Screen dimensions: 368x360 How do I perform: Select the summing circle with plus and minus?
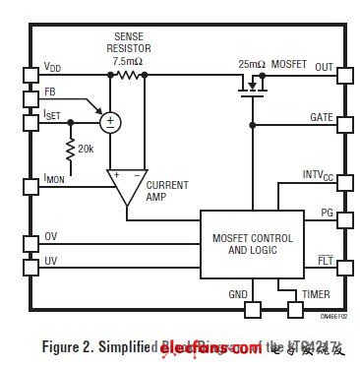pyautogui.click(x=110, y=122)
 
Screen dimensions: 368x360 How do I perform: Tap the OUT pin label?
pyautogui.click(x=324, y=67)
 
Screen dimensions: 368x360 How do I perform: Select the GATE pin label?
pyautogui.click(x=320, y=117)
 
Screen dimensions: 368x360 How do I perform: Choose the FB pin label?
pyautogui.click(x=49, y=92)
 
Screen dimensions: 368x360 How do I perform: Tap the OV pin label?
pyautogui.click(x=50, y=237)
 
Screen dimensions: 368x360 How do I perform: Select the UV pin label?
pyautogui.click(x=50, y=261)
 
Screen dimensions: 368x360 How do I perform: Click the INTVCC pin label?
pyautogui.click(x=318, y=175)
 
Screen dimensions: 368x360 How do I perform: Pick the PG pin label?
pyautogui.click(x=327, y=213)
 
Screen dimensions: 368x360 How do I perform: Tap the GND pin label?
pyautogui.click(x=238, y=293)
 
